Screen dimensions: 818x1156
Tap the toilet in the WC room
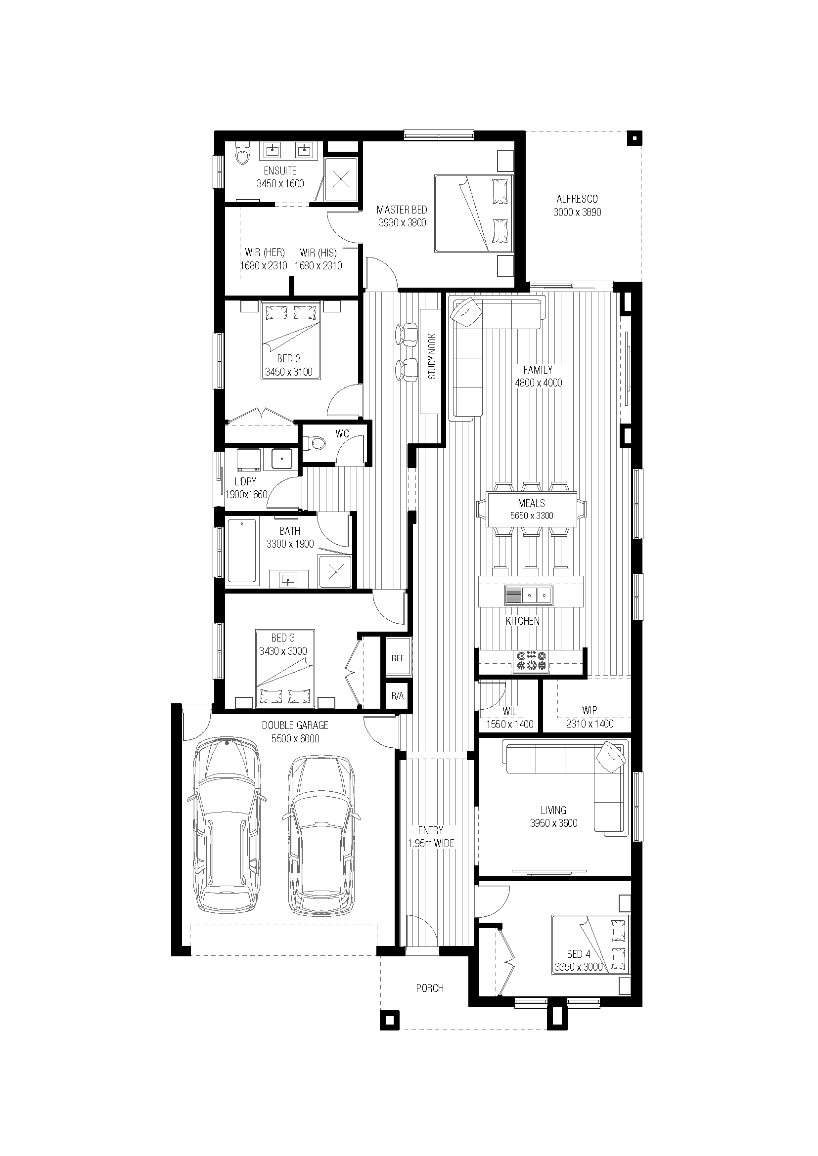coord(316,443)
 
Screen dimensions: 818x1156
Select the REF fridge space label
coord(398,658)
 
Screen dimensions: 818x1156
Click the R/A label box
coord(398,696)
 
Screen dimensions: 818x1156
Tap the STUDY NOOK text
coord(432,356)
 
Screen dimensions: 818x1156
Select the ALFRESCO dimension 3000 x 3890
coord(577,213)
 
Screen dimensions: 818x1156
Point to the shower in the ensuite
coord(342,179)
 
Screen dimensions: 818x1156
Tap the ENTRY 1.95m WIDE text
coord(431,837)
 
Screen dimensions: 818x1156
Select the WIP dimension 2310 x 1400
coord(590,724)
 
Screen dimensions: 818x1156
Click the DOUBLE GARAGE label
coord(295,725)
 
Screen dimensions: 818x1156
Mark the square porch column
coord(389,1020)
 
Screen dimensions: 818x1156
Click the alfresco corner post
coord(635,138)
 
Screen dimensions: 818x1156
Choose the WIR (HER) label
coord(265,252)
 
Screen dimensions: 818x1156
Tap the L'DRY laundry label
coord(245,481)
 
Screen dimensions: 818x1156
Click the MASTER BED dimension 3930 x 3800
coord(403,223)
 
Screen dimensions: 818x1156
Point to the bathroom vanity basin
coord(288,580)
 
